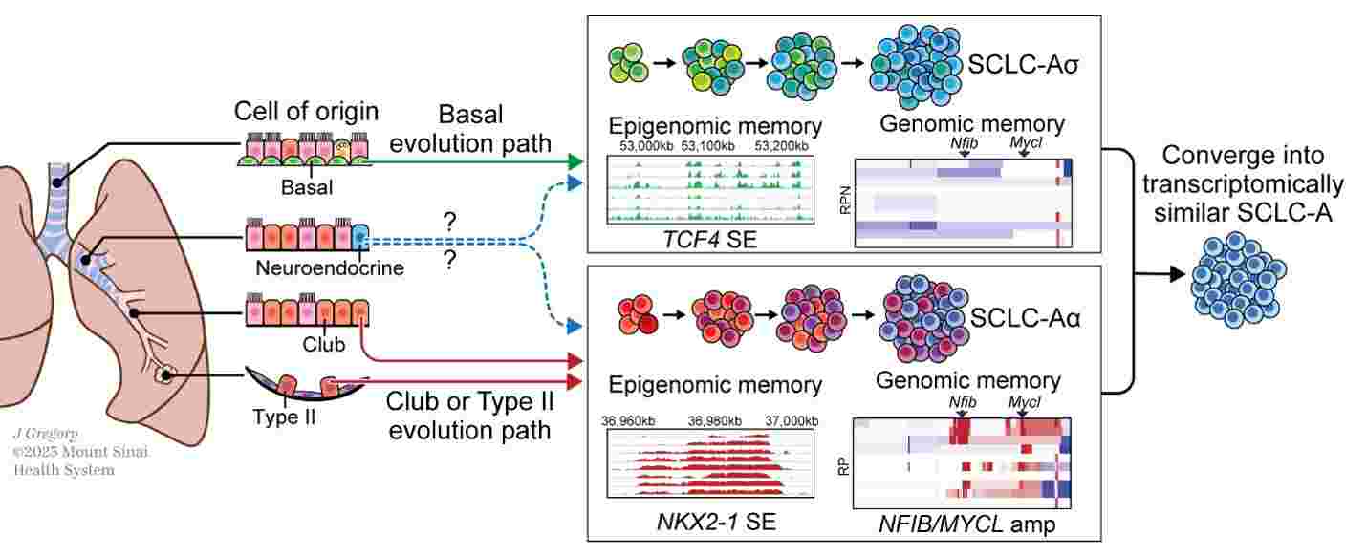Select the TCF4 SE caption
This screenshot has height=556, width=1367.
[708, 239]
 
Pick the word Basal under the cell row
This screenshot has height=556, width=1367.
[303, 186]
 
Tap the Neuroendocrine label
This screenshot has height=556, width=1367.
[330, 268]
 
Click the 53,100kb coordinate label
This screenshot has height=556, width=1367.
[707, 145]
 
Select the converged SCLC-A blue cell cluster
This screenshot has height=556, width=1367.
[1233, 279]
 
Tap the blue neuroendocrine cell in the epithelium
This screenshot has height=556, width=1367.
[358, 237]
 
